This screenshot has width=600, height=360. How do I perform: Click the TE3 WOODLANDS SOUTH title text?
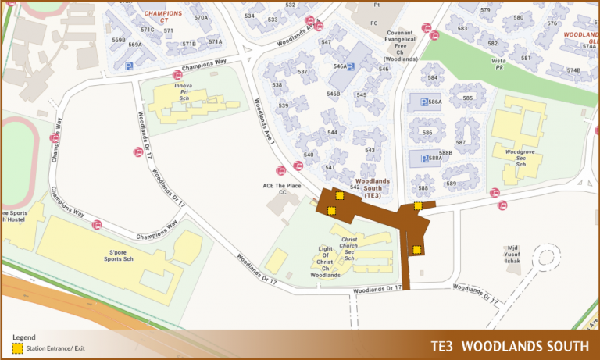509,346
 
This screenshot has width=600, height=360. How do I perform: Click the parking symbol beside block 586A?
425,102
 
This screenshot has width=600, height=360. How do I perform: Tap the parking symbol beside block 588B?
425,159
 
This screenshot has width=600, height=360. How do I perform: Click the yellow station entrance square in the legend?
16,347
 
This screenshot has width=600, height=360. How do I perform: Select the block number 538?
277,84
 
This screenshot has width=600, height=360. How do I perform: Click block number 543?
370,150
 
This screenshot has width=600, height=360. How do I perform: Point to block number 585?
468,98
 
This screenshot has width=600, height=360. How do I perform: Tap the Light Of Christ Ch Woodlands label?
325,262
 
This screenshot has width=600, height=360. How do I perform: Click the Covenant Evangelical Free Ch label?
401,46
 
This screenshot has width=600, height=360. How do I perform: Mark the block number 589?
451,184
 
